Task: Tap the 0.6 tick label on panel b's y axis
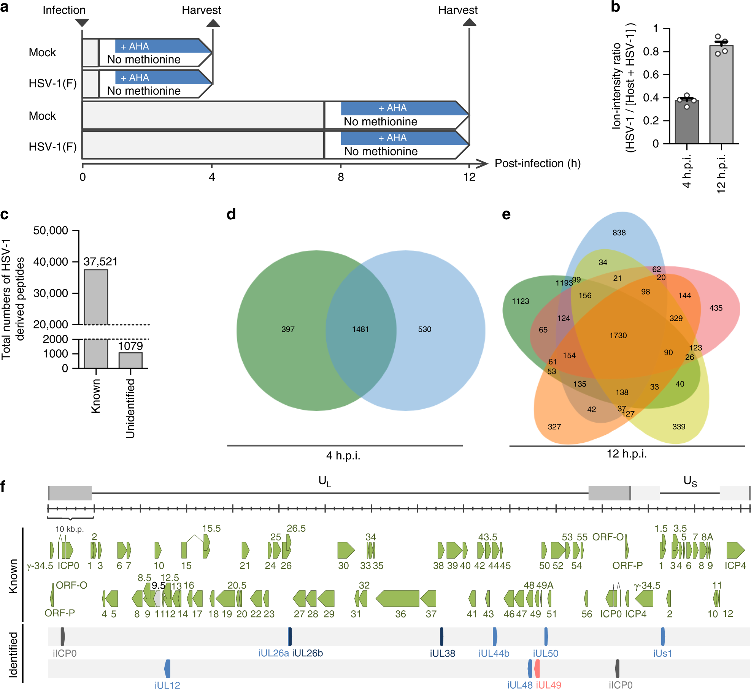(x=651, y=74)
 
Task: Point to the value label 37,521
(x=100, y=261)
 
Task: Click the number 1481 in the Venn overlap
(x=360, y=329)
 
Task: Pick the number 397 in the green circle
(x=288, y=329)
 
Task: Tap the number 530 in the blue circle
(x=424, y=329)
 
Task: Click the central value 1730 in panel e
(x=618, y=335)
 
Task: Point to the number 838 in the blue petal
(x=619, y=233)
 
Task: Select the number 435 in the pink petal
(x=716, y=308)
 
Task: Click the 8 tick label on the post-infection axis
(x=341, y=177)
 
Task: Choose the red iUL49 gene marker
(x=537, y=668)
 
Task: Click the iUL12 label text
(x=167, y=685)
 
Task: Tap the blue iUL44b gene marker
(x=495, y=636)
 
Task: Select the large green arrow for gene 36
(x=397, y=598)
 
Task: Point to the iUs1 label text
(x=662, y=653)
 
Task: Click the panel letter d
(x=231, y=214)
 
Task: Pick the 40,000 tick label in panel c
(x=51, y=261)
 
